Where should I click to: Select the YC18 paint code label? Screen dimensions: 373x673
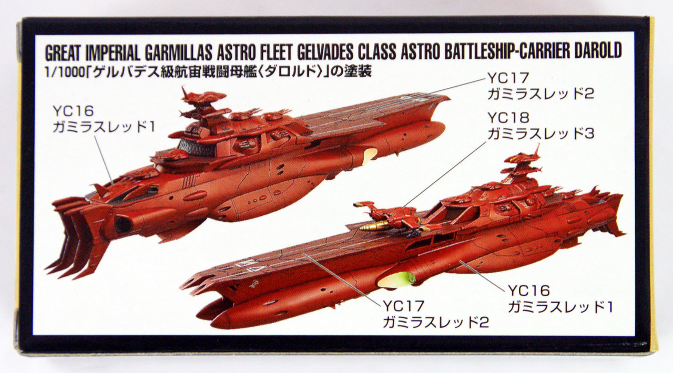coord(508,118)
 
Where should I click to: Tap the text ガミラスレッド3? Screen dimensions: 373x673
coord(541,134)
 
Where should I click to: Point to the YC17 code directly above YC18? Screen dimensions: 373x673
coord(508,78)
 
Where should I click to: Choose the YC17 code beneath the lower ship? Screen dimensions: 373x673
coord(403,305)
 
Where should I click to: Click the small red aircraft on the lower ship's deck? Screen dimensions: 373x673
coord(389,214)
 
